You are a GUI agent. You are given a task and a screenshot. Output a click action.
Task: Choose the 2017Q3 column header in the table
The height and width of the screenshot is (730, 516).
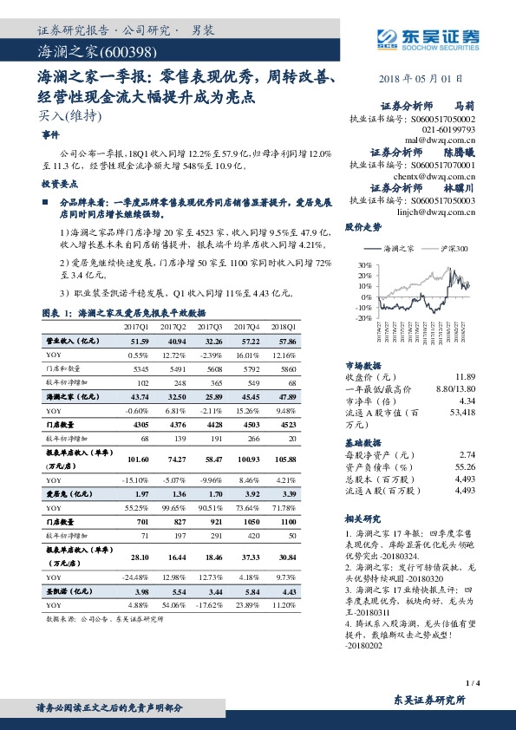[210, 326]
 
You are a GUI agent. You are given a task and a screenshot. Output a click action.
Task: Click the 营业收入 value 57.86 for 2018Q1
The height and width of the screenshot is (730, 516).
[284, 342]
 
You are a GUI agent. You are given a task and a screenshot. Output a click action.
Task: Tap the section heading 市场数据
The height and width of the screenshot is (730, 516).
[363, 366]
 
